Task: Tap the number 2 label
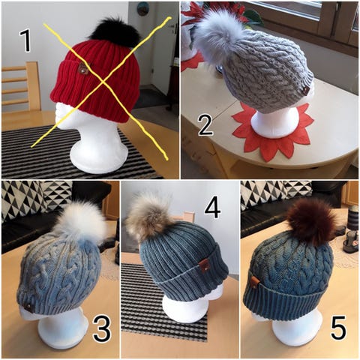coord(205,124)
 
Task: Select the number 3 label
coord(101,329)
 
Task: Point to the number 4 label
coord(212,209)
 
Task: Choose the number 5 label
coord(339,327)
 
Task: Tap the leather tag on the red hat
coord(82,68)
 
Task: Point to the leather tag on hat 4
coord(205,265)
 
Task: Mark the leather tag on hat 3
coord(29,307)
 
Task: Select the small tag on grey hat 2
coord(306,90)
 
